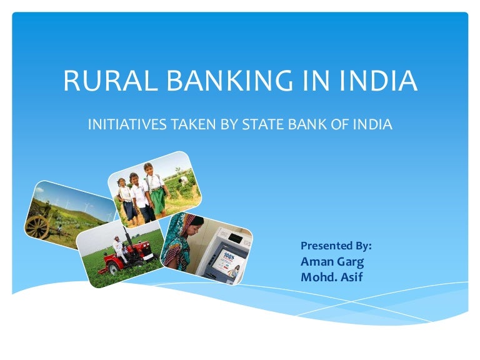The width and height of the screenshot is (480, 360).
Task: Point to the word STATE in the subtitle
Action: [x=259, y=124]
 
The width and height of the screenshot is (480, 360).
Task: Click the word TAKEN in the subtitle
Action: [x=186, y=124]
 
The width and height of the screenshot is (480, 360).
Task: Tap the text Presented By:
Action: [x=336, y=244]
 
